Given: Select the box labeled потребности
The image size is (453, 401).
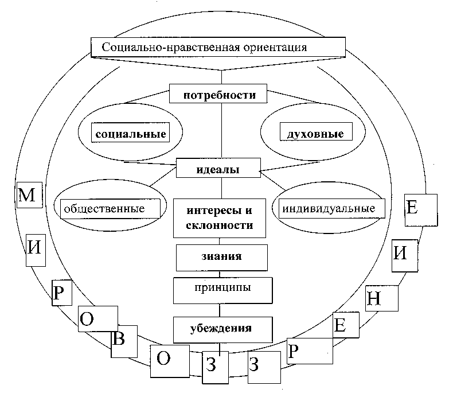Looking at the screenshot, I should pos(219,95).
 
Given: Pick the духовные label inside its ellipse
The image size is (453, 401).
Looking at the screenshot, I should pos(312,134).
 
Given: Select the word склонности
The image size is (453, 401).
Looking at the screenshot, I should pos(220,225).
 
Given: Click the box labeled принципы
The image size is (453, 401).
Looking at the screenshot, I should pos(222,286).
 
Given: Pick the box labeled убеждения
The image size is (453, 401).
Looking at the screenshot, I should pos(222,329).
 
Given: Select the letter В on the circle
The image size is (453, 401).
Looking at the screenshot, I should pos(119,338).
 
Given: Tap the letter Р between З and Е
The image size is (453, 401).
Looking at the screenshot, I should pos(292,351).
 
